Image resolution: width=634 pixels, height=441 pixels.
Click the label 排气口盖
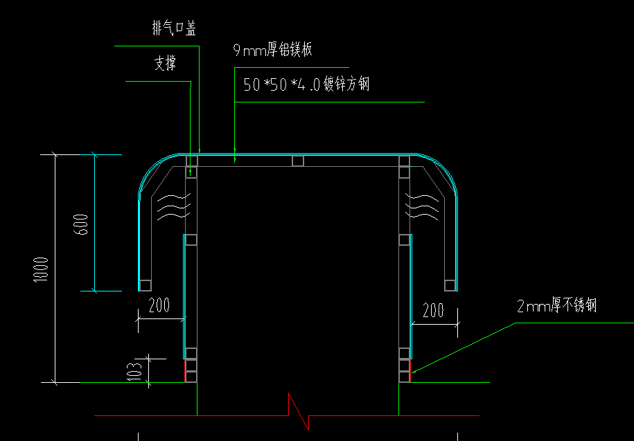coord(174,28)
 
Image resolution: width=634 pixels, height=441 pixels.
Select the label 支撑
coord(164,64)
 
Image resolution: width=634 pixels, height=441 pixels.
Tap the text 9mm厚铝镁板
coord(273,50)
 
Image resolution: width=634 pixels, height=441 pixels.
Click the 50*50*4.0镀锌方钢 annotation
coord(306,85)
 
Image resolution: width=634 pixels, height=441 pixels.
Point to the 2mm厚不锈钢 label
coord(556,306)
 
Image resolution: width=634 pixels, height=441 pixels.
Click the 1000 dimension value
coord(41,269)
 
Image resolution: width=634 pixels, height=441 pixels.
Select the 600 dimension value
coord(81,223)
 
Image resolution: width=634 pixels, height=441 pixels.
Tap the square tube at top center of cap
coord(298,161)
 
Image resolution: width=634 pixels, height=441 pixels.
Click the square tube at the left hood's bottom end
coord(146,285)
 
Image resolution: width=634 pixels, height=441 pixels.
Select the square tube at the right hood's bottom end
coord(450,285)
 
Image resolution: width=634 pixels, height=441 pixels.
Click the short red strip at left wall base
coord(184,370)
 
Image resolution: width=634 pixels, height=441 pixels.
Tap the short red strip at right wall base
coord(411,370)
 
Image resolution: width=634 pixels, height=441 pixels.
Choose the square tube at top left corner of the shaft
coord(191,161)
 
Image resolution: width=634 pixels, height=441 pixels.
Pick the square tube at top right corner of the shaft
coord(404,161)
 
